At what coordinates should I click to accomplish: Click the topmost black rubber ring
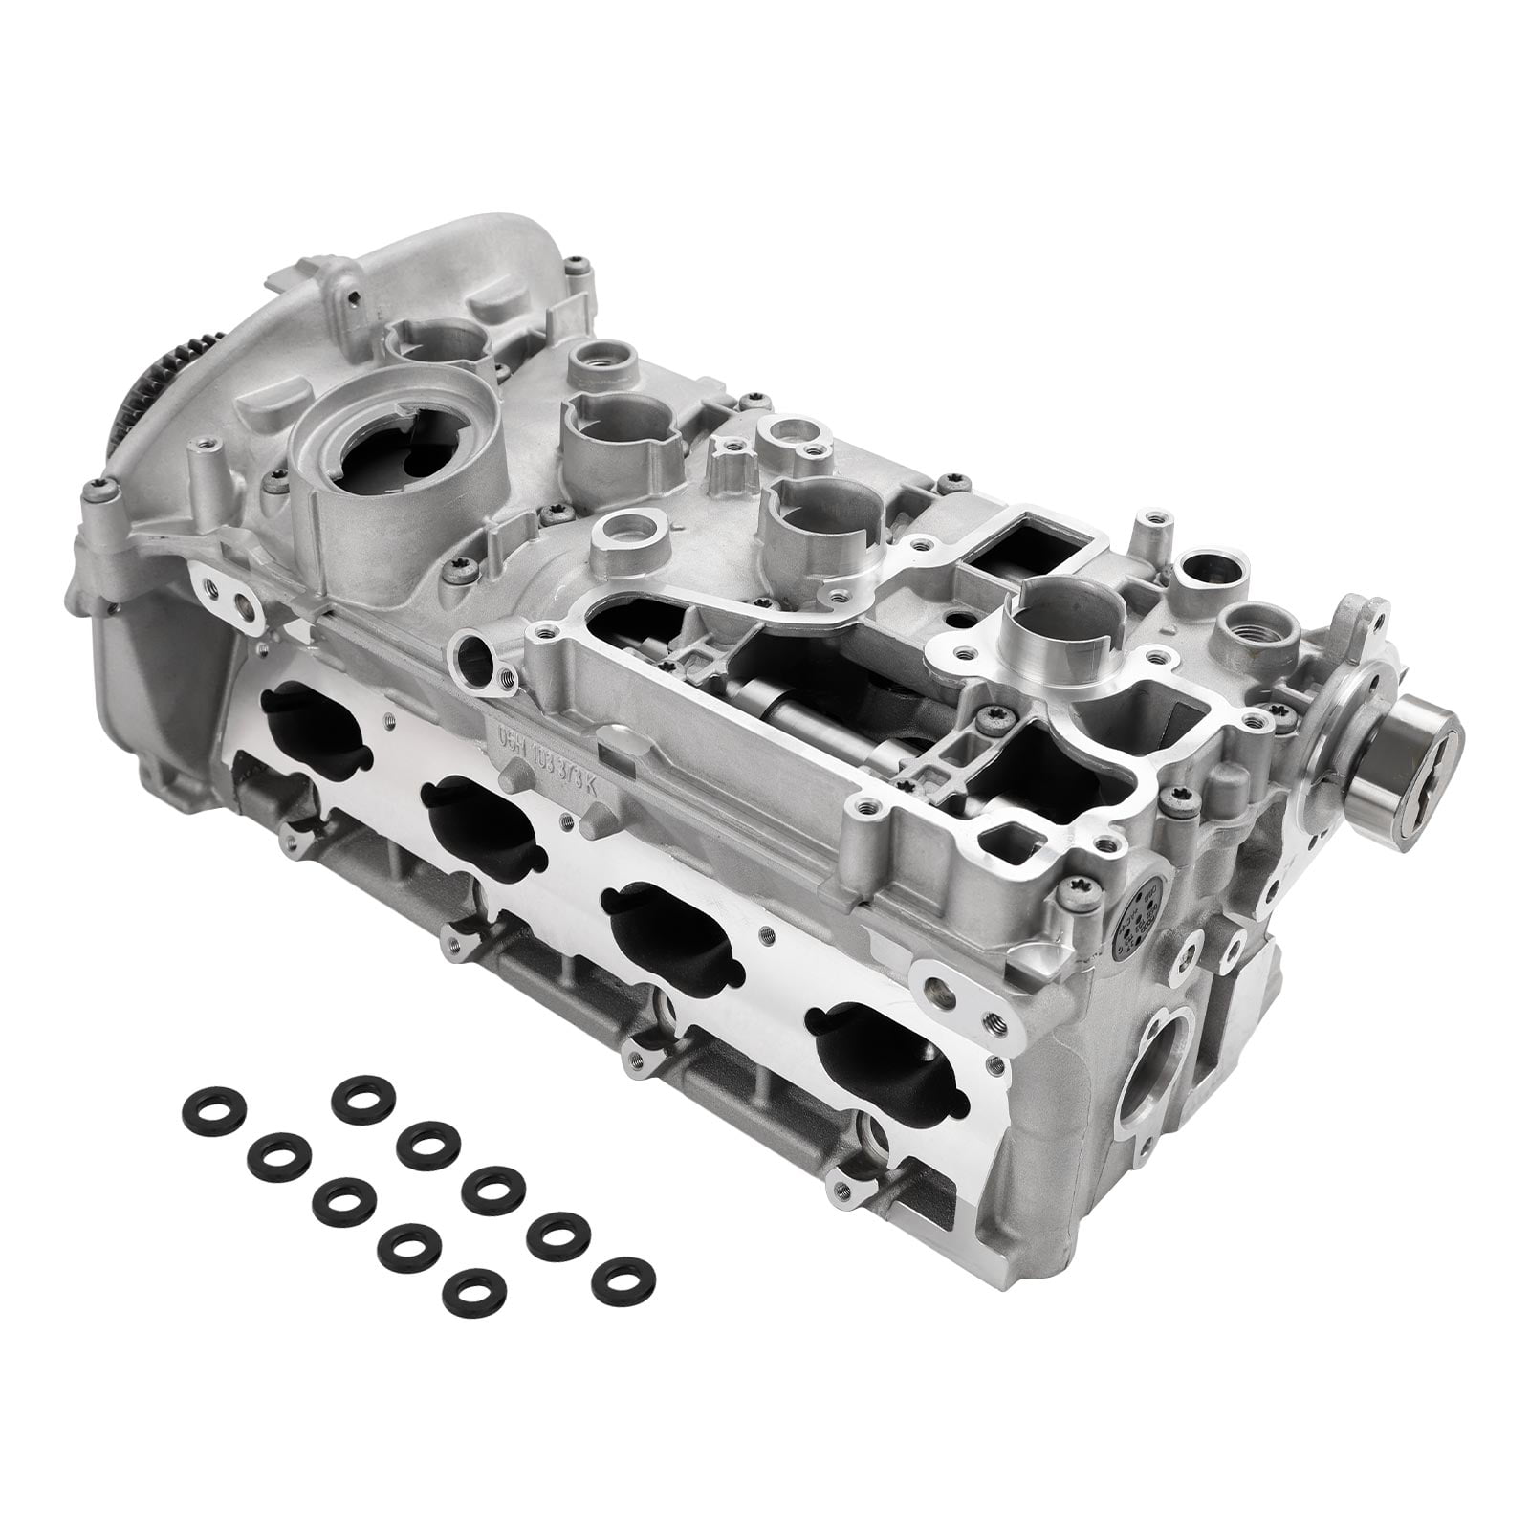tap(364, 1094)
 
